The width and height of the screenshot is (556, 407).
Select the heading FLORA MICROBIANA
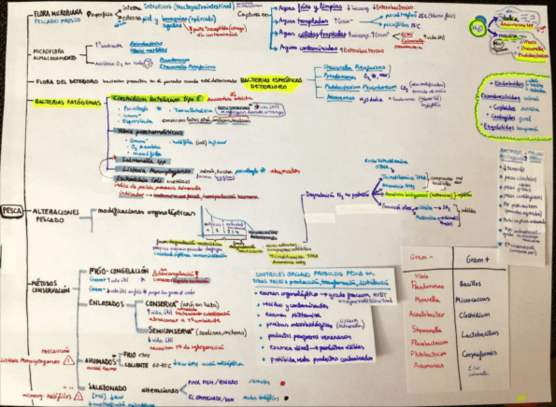57,13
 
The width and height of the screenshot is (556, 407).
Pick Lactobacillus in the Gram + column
477,333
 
